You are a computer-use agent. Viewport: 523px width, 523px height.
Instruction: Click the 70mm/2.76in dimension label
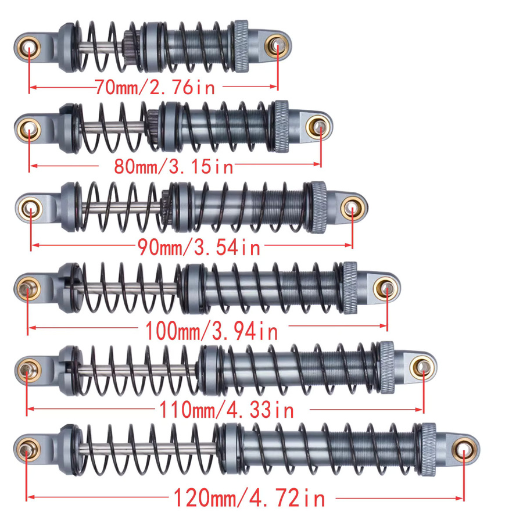pyautogui.click(x=155, y=87)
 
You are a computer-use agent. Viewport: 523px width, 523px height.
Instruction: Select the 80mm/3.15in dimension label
pyautogui.click(x=173, y=166)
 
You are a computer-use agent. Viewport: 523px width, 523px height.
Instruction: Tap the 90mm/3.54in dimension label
pyautogui.click(x=199, y=248)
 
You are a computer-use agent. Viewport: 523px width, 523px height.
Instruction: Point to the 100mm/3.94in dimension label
pyautogui.click(x=212, y=331)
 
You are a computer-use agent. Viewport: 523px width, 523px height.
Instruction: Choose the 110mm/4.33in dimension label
pyautogui.click(x=227, y=410)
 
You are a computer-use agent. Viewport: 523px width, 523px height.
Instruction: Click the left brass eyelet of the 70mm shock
pyautogui.click(x=29, y=48)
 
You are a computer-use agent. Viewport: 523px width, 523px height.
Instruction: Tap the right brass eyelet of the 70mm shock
pyautogui.click(x=277, y=46)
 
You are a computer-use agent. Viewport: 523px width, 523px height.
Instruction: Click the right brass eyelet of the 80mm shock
pyautogui.click(x=318, y=127)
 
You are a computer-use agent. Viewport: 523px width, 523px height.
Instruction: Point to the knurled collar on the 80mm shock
pyautogui.click(x=281, y=126)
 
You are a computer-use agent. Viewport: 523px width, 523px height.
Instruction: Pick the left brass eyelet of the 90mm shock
pyautogui.click(x=30, y=209)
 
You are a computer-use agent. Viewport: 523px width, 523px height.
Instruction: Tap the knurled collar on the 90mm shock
pyautogui.click(x=319, y=207)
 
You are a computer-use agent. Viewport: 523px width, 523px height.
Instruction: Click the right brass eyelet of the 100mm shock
pyautogui.click(x=386, y=289)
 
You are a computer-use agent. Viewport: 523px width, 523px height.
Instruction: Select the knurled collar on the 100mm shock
pyautogui.click(x=350, y=288)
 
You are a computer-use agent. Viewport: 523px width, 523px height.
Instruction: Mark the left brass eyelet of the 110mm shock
pyautogui.click(x=28, y=370)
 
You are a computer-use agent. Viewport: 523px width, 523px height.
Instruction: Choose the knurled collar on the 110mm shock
pyautogui.click(x=387, y=367)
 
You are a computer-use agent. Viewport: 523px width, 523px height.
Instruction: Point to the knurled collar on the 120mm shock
pyautogui.click(x=429, y=449)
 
